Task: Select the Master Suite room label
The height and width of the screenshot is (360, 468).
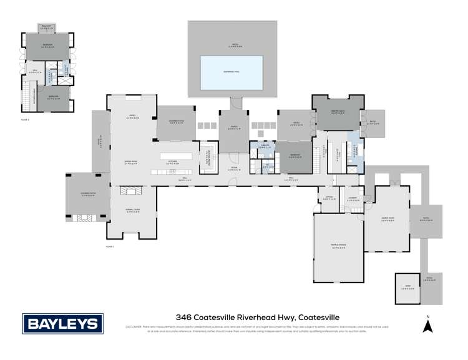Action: tap(338, 112)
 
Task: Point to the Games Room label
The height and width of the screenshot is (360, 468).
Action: tap(389, 219)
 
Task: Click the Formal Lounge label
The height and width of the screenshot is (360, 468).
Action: tap(132, 211)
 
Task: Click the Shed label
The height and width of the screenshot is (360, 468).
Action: tap(406, 287)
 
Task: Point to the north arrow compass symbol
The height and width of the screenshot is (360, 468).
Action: tap(427, 324)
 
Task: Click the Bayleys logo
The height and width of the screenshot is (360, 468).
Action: tap(62, 323)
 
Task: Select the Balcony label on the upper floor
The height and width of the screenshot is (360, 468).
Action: tap(47, 27)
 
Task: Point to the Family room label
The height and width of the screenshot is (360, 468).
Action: tap(132, 117)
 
